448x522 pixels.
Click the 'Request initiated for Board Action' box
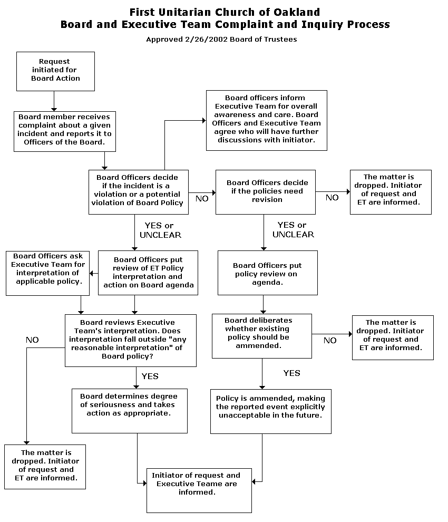tap(55, 71)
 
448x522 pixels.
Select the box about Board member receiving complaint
tap(65, 131)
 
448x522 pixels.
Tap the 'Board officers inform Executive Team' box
tap(267, 120)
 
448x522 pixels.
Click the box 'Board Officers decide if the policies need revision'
tap(266, 192)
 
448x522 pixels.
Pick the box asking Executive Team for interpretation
tap(47, 273)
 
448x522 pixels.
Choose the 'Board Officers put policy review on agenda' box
tap(268, 273)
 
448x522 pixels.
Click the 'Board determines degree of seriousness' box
tap(130, 411)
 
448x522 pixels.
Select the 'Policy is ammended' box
tap(270, 411)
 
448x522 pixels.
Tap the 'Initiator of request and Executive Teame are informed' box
tap(199, 490)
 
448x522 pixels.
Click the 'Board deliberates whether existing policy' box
tap(262, 336)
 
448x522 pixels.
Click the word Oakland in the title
tap(297, 12)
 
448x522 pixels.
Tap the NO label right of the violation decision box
tap(202, 198)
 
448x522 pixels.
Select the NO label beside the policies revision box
tap(332, 197)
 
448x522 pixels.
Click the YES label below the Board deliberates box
tap(292, 373)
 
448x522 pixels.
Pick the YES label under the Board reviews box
tap(150, 376)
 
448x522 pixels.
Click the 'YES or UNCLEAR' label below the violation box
tap(160, 230)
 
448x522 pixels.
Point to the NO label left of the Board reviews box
tap(32, 340)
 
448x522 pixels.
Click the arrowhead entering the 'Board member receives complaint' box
tap(54, 110)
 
